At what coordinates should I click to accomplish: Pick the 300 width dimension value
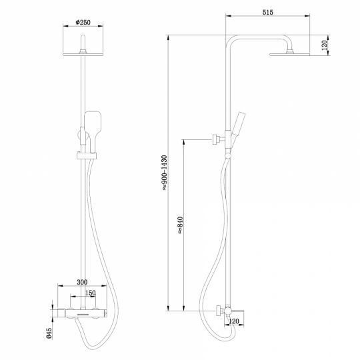pos(83,283)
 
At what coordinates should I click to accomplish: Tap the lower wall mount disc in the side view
pos(218,310)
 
